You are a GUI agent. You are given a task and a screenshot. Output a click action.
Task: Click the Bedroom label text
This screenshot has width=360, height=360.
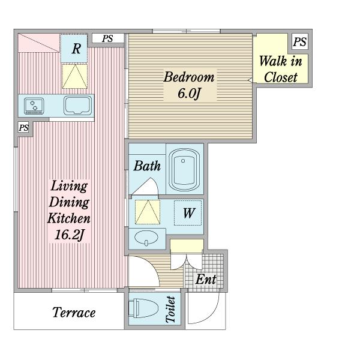tap(189, 77)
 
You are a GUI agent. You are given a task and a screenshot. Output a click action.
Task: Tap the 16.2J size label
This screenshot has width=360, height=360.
tap(69, 235)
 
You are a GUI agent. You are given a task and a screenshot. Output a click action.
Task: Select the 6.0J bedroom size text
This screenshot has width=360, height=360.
tap(189, 93)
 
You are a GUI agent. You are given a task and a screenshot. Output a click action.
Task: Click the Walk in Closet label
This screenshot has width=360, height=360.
tap(280, 69)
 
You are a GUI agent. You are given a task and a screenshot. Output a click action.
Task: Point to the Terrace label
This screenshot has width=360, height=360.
tap(74, 313)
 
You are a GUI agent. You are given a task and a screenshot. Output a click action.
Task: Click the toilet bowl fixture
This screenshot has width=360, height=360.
tap(143, 308)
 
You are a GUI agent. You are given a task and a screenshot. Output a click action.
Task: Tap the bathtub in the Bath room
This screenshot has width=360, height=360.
tap(184, 170)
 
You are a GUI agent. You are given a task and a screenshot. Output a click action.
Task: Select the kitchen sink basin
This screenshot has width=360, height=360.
tap(77, 106)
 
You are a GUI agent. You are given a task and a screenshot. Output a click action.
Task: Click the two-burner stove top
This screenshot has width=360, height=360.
tap(34, 106)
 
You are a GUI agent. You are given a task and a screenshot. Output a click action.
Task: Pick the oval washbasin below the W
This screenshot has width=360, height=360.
tap(146, 238)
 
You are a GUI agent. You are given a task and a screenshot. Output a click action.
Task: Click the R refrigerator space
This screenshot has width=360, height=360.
tap(74, 48)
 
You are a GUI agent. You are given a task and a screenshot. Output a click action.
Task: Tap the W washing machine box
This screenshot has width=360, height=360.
tap(188, 213)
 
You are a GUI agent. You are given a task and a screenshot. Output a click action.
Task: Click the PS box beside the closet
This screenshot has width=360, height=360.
tap(300, 41)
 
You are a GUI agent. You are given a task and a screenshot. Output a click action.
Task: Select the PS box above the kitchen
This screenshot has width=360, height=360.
tap(108, 38)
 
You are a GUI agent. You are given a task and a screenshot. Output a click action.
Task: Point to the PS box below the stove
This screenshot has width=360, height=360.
tap(23, 127)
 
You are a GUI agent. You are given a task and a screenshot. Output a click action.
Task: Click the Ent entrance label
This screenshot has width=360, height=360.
tap(206, 279)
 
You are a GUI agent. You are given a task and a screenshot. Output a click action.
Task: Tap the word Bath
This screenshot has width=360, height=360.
tap(147, 166)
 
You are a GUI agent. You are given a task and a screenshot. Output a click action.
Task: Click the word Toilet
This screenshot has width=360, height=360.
tap(170, 310)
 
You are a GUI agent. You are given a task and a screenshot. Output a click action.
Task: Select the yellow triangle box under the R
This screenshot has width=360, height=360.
tap(75, 76)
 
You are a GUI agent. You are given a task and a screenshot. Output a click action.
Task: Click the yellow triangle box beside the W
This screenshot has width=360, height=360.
tap(148, 212)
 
